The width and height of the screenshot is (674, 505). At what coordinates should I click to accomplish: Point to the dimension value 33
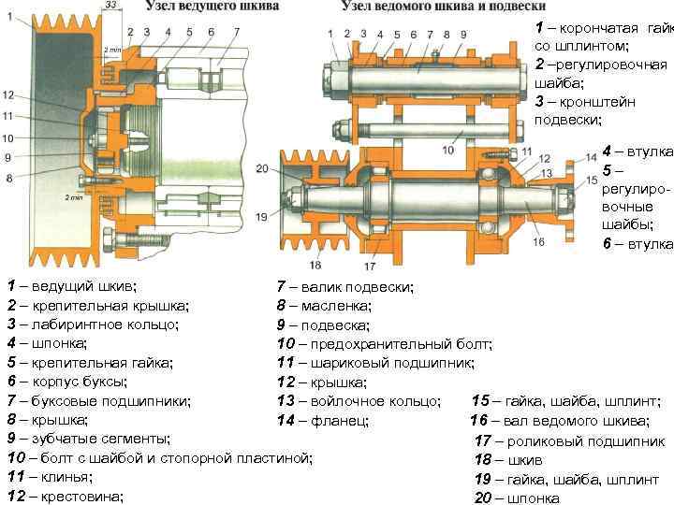tap(111, 7)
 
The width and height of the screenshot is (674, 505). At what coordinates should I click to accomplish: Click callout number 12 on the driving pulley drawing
tap(8, 94)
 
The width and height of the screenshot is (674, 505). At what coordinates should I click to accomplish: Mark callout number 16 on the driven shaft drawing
tap(538, 242)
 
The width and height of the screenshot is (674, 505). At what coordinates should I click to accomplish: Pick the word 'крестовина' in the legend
tap(80, 496)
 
